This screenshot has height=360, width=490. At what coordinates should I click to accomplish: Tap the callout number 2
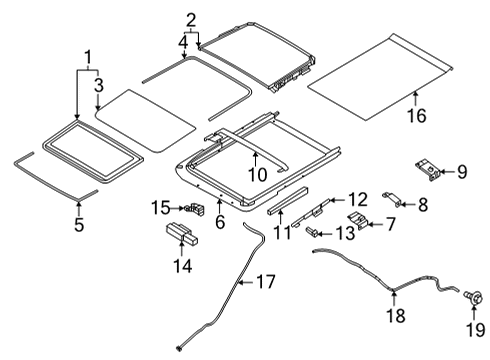[x=191, y=18]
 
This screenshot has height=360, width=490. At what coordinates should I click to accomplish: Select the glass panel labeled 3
[x=145, y=118]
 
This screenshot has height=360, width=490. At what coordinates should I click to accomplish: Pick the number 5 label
[x=80, y=223]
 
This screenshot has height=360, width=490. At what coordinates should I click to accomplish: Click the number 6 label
[x=219, y=221]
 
